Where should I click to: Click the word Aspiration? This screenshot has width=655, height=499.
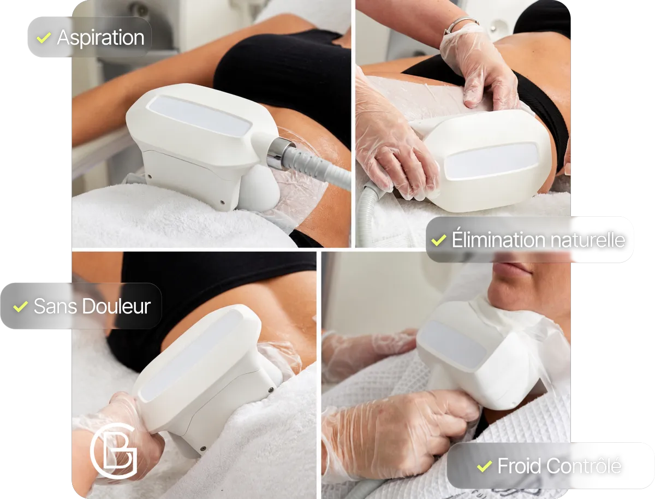point(101,38)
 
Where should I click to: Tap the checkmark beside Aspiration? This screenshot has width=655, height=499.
point(44,38)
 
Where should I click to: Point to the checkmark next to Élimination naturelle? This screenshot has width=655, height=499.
point(439,240)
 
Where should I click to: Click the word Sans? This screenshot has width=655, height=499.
point(56,306)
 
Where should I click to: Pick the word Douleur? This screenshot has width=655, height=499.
point(116,306)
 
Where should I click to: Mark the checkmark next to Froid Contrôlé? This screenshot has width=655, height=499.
point(484,467)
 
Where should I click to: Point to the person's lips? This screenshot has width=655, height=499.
point(513,267)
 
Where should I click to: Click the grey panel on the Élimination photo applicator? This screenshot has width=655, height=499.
point(491,161)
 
